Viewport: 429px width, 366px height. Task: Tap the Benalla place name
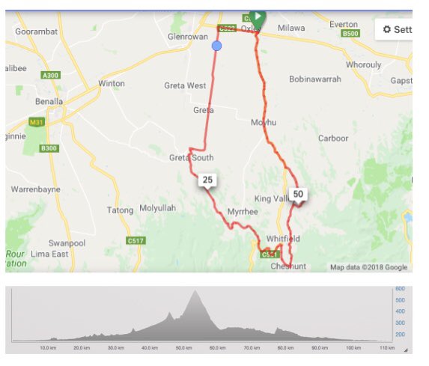tap(49, 101)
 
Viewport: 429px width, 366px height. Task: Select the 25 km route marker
tap(207, 180)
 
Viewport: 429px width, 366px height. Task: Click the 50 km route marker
tap(298, 194)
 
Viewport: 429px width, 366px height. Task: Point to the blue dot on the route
tap(217, 46)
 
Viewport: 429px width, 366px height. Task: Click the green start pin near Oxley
tap(258, 16)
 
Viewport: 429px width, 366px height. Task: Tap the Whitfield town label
tap(282, 238)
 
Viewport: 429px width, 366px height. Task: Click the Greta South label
tap(191, 157)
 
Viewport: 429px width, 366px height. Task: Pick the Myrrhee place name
tap(242, 211)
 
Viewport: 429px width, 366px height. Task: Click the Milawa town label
tap(291, 28)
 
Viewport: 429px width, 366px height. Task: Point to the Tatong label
tap(121, 210)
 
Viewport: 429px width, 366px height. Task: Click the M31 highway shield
tap(37, 121)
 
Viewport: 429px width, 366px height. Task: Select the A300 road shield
tap(52, 75)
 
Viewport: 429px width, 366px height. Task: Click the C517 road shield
tap(135, 240)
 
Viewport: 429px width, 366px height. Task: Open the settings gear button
tap(395, 29)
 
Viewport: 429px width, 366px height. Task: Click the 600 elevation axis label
tap(400, 289)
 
